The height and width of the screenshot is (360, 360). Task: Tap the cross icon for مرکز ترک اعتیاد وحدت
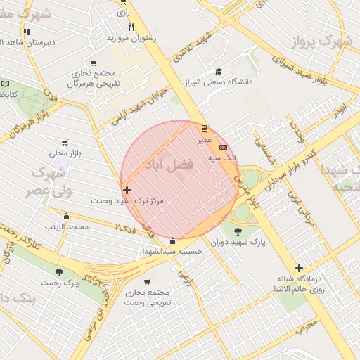pos(127,190)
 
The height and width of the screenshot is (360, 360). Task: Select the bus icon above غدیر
pos(204,128)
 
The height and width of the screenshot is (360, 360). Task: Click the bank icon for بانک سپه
pos(223,147)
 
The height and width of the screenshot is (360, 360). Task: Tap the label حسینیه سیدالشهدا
pos(172,251)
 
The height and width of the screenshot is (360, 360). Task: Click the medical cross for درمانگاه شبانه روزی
pos(300,267)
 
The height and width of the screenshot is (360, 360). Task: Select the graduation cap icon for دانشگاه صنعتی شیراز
pos(219,71)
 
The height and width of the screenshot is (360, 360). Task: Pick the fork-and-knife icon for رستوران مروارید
pos(131,27)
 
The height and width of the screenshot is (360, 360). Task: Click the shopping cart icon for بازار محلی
pos(65,142)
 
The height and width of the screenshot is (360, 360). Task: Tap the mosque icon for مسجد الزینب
pos(66,217)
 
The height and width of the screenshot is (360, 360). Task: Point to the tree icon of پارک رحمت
pos(59,272)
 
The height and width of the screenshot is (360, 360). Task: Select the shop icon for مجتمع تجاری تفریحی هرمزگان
pos(94,64)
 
